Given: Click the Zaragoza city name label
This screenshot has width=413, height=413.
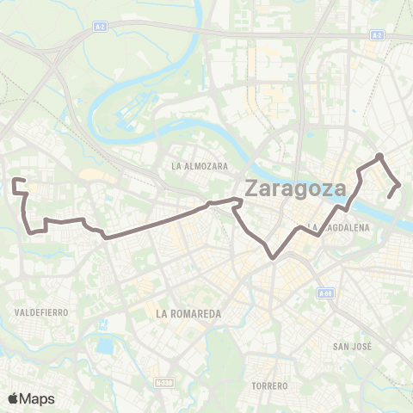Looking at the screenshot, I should point(295,187).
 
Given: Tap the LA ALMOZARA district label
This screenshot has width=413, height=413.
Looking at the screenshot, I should point(199,165).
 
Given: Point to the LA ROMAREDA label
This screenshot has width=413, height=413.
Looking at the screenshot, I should point(187,314).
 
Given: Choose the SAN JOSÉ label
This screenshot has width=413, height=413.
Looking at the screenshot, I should point(351,347).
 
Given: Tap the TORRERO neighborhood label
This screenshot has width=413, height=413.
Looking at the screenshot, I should point(269,385).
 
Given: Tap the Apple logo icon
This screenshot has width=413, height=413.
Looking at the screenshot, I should point(14,398).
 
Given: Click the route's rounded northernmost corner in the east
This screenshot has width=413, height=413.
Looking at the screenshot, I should point(379,156).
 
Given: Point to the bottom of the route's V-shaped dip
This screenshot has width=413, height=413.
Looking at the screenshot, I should point(273,256).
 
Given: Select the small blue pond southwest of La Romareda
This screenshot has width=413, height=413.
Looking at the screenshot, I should point(104,347).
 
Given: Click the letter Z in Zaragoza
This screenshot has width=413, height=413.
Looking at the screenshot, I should point(254,188).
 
